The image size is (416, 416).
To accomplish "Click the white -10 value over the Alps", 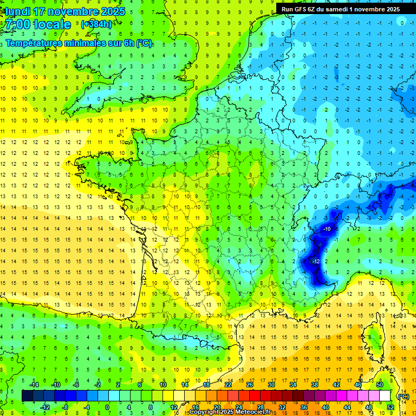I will (327, 230).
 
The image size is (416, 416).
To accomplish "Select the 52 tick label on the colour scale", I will (391, 407).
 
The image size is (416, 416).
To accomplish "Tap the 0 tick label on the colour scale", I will (107, 407).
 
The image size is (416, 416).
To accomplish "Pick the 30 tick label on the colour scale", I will (271, 385).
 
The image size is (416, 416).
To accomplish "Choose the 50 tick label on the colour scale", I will (379, 385).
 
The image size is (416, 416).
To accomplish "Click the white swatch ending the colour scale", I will (385, 396).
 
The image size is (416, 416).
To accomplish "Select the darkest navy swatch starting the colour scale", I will (27, 396).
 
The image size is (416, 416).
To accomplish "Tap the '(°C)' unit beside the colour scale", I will (404, 396).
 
